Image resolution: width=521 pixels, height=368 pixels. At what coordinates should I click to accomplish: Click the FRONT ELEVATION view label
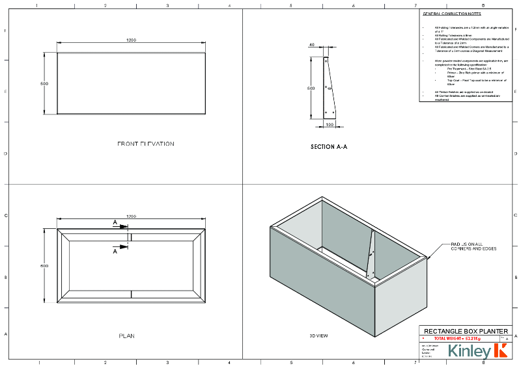pyautogui.click(x=145, y=144)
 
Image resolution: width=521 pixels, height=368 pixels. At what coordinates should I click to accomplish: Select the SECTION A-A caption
pyautogui.click(x=329, y=147)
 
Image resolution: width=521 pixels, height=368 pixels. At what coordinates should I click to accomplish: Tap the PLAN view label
pyautogui.click(x=126, y=336)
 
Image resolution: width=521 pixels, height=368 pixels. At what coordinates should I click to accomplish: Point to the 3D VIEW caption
pyautogui.click(x=318, y=335)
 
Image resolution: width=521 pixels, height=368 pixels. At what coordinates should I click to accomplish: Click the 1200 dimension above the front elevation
pyautogui.click(x=131, y=40)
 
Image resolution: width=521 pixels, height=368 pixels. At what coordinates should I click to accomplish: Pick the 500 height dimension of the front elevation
pyautogui.click(x=44, y=84)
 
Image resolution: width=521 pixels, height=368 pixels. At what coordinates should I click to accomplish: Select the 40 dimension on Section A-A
pyautogui.click(x=312, y=45)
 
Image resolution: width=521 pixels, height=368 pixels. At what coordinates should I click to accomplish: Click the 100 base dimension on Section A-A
pyautogui.click(x=330, y=124)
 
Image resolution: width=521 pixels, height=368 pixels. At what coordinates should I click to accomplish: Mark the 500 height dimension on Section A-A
pyautogui.click(x=311, y=88)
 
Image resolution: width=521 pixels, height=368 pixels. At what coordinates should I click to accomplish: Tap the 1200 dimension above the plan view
pyautogui.click(x=131, y=217)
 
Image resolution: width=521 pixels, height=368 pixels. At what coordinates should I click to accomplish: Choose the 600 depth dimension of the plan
pyautogui.click(x=44, y=265)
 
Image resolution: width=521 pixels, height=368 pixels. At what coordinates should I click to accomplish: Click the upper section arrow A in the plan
pyautogui.click(x=115, y=223)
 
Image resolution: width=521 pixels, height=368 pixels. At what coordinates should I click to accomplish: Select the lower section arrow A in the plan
pyautogui.click(x=115, y=250)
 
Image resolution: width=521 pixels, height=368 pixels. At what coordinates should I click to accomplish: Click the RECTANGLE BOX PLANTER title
pyautogui.click(x=466, y=331)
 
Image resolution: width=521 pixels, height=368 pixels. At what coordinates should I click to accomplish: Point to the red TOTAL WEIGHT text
pyautogui.click(x=457, y=339)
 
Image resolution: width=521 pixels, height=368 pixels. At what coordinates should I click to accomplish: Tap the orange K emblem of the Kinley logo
pyautogui.click(x=501, y=351)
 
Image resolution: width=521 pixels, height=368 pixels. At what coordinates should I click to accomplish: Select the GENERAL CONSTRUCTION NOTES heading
pyautogui.click(x=453, y=14)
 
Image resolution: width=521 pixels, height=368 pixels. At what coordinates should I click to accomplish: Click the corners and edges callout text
pyautogui.click(x=473, y=247)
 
